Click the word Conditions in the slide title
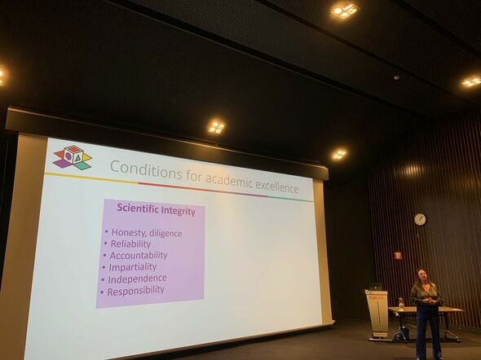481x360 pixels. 146,170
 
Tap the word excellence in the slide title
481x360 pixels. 277,187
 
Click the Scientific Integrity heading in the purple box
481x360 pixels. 157,209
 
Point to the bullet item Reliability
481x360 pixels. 130,244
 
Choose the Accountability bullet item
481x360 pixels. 139,255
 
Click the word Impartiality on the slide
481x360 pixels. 133,267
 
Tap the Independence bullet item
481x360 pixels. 138,279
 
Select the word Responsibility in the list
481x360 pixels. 135,291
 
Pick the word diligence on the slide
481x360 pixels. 165,234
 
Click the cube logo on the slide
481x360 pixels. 73,157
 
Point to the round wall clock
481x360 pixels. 420,219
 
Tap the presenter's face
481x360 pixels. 422,275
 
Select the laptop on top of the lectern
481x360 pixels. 376,287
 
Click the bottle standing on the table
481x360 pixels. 400,303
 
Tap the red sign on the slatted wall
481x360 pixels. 399,255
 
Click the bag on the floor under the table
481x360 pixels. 402,333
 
